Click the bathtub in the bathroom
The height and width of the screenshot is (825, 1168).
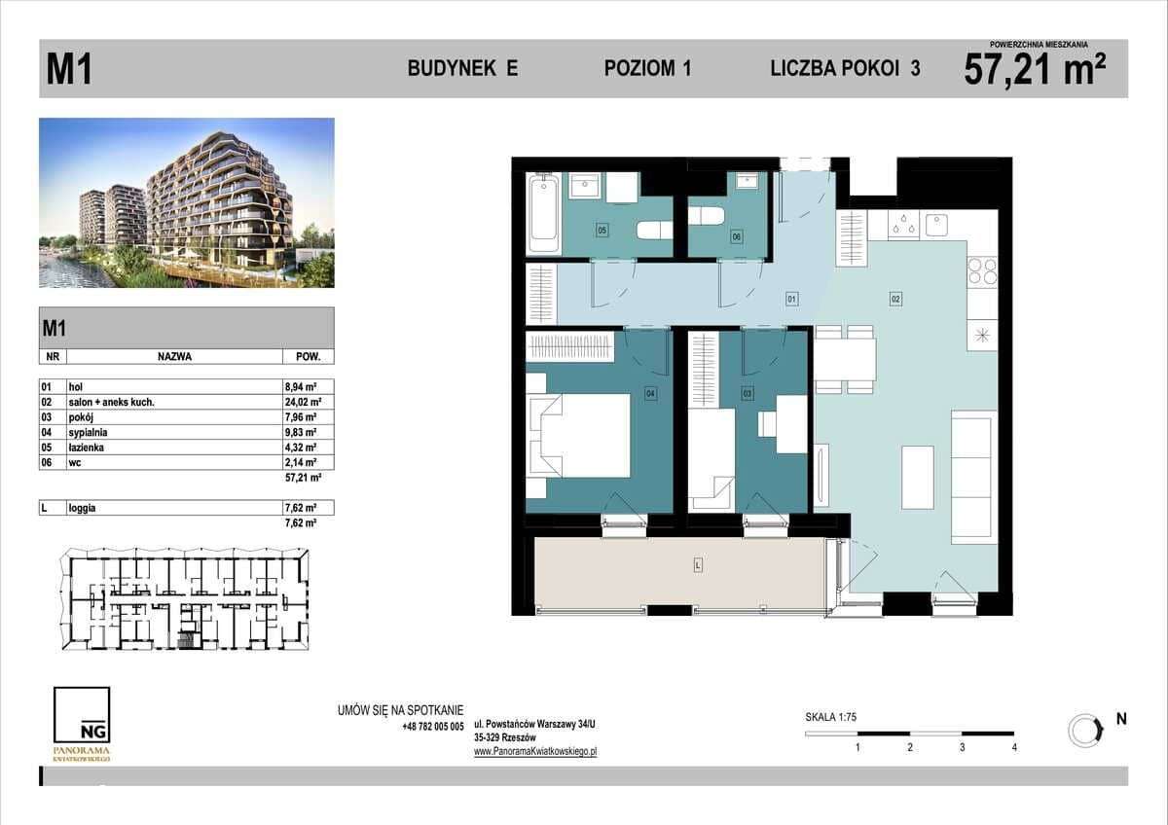pyautogui.click(x=542, y=213)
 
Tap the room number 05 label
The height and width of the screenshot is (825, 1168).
pyautogui.click(x=602, y=231)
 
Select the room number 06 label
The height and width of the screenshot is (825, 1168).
pyautogui.click(x=737, y=236)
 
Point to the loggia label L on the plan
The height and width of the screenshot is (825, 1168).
pyautogui.click(x=698, y=563)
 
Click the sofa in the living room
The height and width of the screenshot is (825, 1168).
pyautogui.click(x=972, y=476)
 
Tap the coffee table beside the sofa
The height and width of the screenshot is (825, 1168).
pyautogui.click(x=918, y=477)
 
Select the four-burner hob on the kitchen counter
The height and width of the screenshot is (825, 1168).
pyautogui.click(x=982, y=270)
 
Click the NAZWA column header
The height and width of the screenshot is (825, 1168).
pyautogui.click(x=174, y=356)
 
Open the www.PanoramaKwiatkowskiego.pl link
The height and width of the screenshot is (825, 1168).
pyautogui.click(x=534, y=751)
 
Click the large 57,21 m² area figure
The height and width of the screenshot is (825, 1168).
pyautogui.click(x=1035, y=70)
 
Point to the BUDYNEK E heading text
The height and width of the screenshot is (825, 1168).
pyautogui.click(x=462, y=68)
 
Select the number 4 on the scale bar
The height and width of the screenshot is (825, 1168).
pyautogui.click(x=1014, y=747)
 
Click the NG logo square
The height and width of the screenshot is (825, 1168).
pyautogui.click(x=82, y=716)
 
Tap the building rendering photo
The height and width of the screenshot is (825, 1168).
pyautogui.click(x=187, y=202)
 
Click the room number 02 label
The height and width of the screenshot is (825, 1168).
pyautogui.click(x=894, y=300)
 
